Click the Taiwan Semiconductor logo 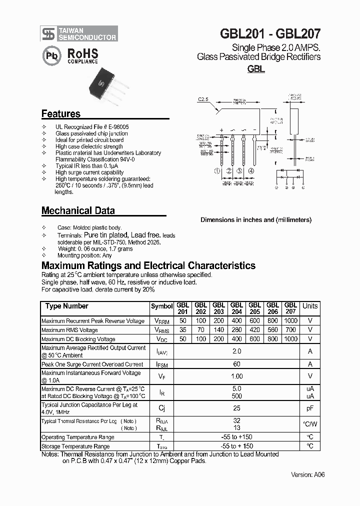(x=79, y=33)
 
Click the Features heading (x=60, y=113)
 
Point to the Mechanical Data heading (x=78, y=210)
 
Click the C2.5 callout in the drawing (x=203, y=99)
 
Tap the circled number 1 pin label (x=217, y=171)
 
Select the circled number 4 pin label (x=251, y=171)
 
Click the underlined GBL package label (x=256, y=69)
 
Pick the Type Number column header (x=66, y=306)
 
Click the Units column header (x=310, y=306)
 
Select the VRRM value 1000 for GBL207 (x=290, y=320)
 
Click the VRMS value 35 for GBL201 (x=182, y=329)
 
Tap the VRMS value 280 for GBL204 (x=236, y=329)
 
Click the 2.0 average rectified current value (x=236, y=351)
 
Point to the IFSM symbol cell (x=161, y=364)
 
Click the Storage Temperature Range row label (x=75, y=446)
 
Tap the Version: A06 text (x=307, y=474)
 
